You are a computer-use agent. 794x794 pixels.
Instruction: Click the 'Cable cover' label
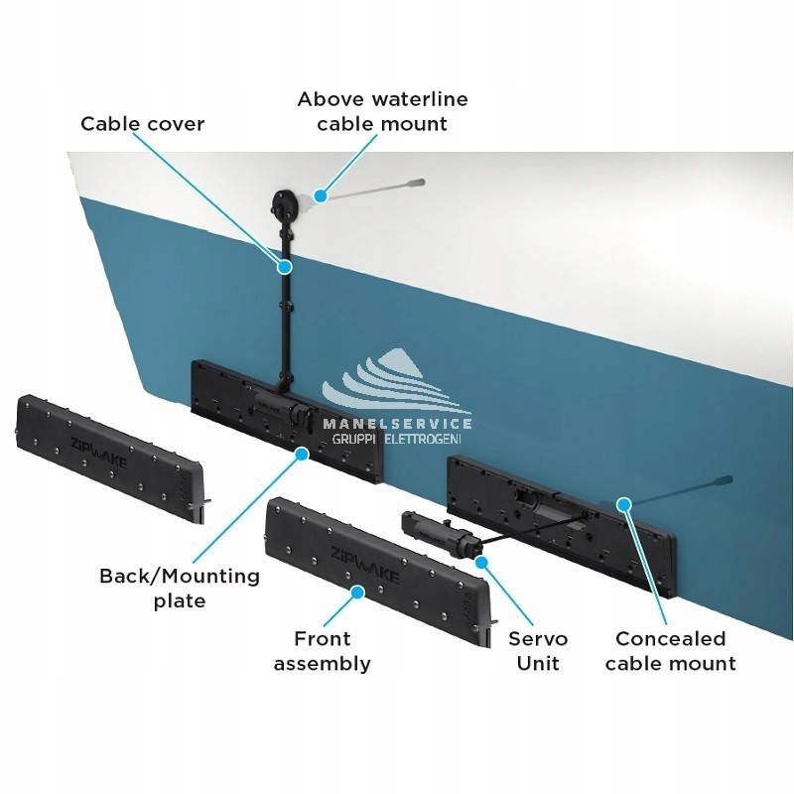(x=142, y=124)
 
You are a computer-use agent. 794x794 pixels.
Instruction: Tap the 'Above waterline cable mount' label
(x=382, y=111)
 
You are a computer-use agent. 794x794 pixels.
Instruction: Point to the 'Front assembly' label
(x=322, y=650)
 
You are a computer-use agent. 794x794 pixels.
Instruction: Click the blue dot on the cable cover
(x=285, y=265)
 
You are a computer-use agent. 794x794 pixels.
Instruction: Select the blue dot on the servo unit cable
(x=483, y=562)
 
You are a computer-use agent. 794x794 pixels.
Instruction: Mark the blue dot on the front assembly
(x=358, y=592)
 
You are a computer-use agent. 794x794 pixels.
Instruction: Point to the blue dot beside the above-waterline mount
(x=320, y=196)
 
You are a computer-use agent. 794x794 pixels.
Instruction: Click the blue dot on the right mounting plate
(x=624, y=504)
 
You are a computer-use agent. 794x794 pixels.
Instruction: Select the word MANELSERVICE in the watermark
(x=397, y=422)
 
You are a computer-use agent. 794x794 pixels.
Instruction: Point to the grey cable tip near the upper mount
(x=418, y=183)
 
